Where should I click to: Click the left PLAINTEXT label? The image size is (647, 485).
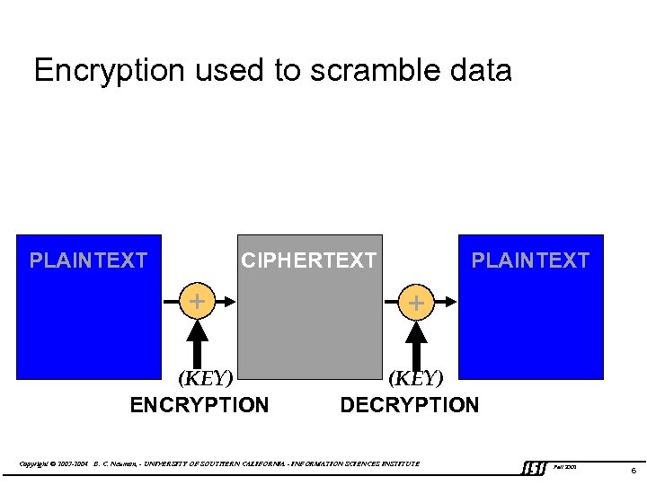click(88, 260)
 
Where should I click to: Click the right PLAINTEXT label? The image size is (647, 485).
click(530, 260)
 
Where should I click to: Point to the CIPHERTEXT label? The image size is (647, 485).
click(308, 260)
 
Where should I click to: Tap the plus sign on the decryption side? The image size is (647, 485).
click(415, 303)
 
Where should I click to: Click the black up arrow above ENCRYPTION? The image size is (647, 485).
click(198, 341)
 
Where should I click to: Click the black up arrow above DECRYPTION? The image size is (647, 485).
click(415, 341)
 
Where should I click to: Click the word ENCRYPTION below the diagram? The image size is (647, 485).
click(199, 405)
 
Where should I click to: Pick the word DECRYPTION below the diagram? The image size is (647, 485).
click(409, 405)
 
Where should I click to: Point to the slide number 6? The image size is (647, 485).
click(634, 470)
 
